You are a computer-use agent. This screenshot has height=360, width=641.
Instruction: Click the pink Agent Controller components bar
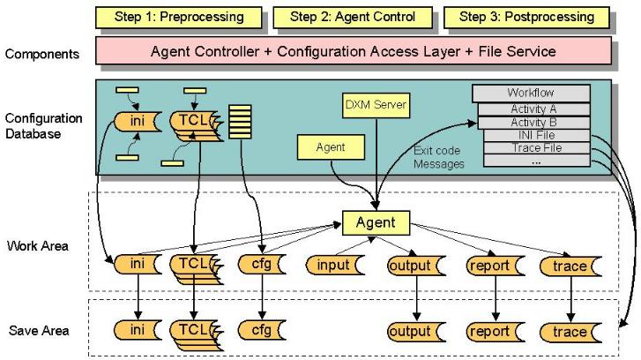353,51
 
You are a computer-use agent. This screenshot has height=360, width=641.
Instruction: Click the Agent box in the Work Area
375,223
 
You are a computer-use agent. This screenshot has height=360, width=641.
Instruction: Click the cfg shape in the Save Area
261,331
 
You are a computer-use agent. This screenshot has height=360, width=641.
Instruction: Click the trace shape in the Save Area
571,331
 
